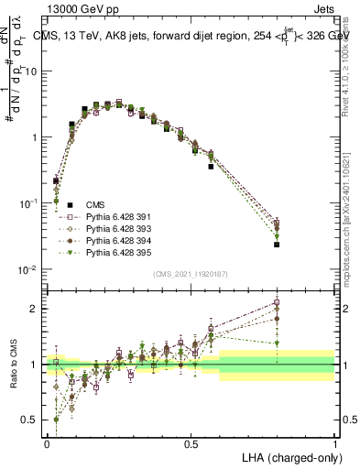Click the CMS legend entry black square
pos(63,205)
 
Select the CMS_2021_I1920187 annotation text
pos(189,274)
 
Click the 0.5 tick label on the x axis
pos(191,442)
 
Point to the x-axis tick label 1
pos(334,442)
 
